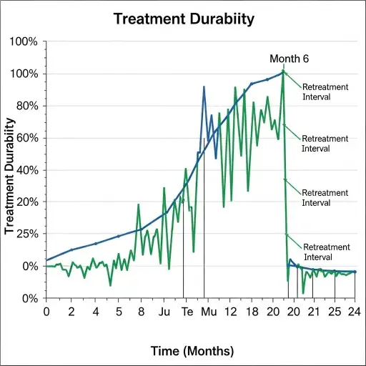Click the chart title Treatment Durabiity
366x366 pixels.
(184, 19)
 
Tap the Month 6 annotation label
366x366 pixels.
(289, 59)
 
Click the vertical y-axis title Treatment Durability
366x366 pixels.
(10, 184)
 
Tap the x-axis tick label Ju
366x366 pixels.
(164, 312)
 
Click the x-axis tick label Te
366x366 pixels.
(187, 312)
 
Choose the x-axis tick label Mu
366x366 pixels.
(208, 312)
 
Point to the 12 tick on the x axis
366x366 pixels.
(230, 312)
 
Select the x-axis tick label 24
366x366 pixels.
(354, 312)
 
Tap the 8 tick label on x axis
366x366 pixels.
(141, 312)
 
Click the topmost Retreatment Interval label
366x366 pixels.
(325, 91)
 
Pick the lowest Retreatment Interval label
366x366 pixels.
(327, 252)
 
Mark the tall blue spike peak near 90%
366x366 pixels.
(204, 87)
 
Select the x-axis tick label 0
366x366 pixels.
(46, 312)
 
